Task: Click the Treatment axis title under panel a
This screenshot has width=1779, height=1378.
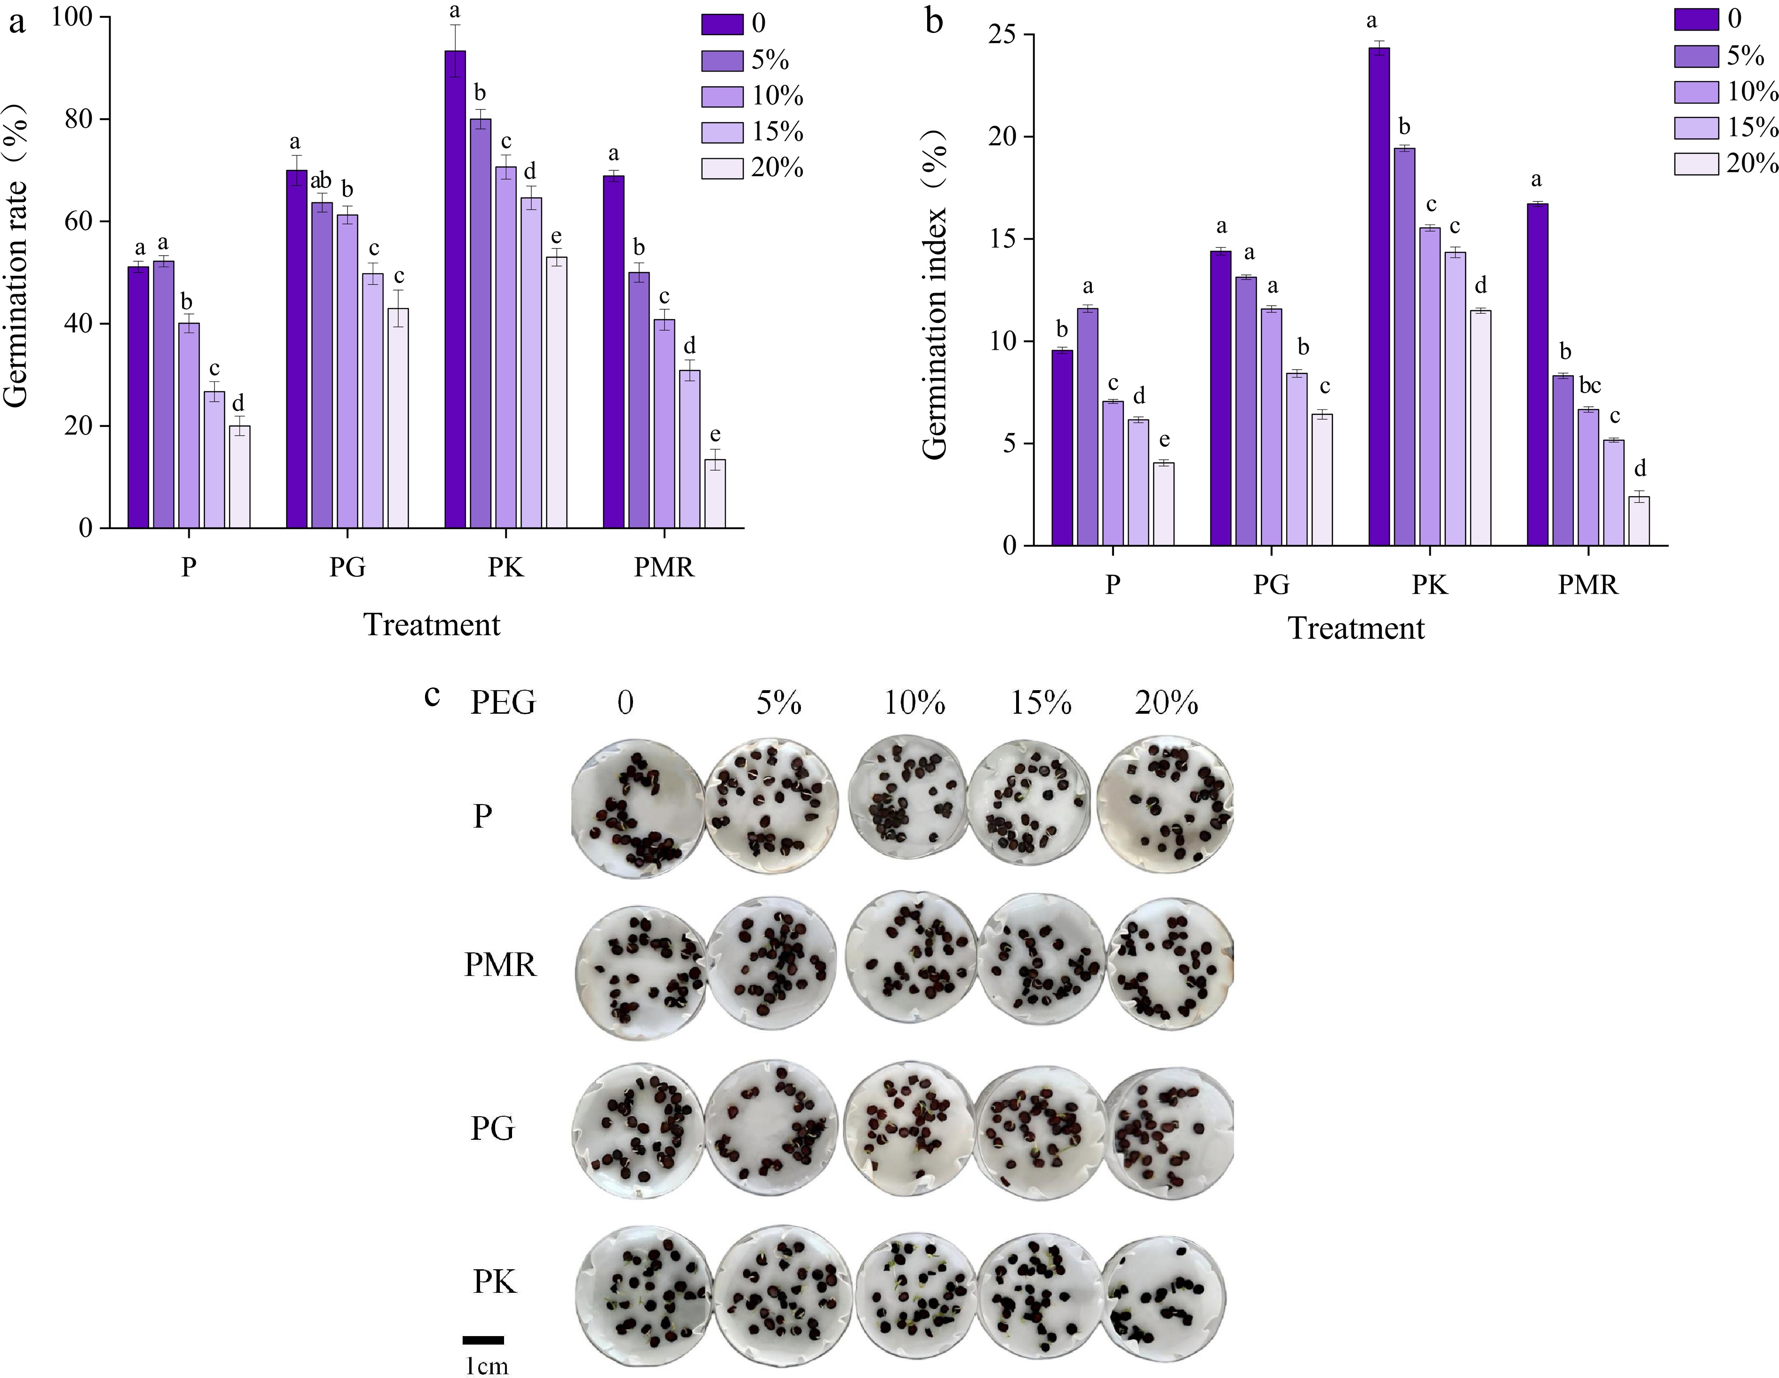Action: pyautogui.click(x=432, y=625)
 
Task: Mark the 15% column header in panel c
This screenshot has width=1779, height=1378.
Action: pyautogui.click(x=1041, y=702)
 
